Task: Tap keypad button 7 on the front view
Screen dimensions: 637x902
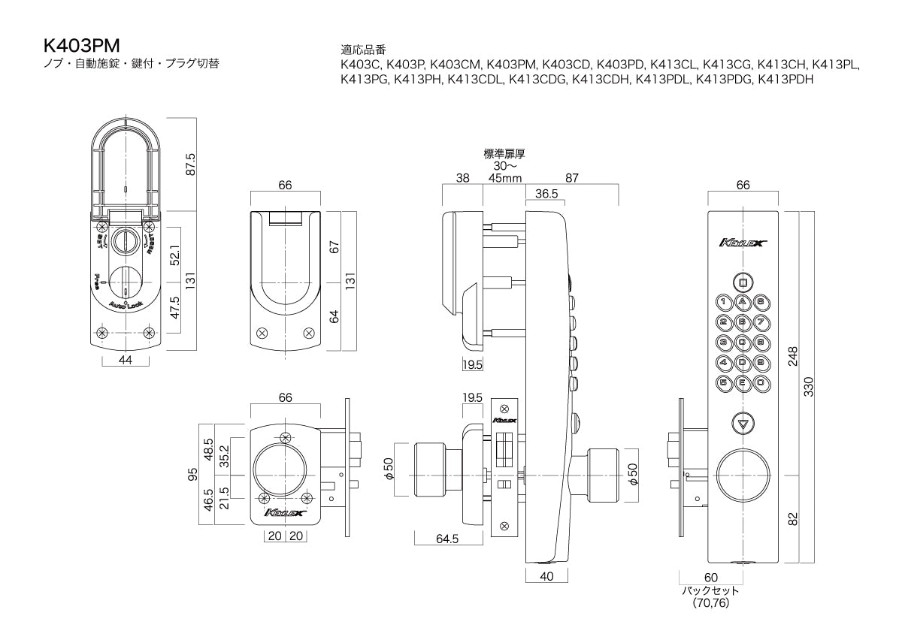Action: click(x=761, y=322)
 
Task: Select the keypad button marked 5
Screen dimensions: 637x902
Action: click(x=724, y=382)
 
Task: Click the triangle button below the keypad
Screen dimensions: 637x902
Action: click(x=743, y=424)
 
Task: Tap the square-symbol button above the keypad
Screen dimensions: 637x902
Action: click(x=743, y=283)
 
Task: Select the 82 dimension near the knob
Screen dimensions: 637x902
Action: click(x=793, y=518)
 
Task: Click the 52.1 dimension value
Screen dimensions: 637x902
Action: click(x=173, y=255)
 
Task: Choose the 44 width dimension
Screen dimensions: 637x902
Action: click(x=126, y=361)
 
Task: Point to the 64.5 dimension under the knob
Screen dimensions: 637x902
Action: click(x=448, y=539)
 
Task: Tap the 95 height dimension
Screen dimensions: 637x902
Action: click(x=192, y=475)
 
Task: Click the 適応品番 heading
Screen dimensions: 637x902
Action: click(x=364, y=50)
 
